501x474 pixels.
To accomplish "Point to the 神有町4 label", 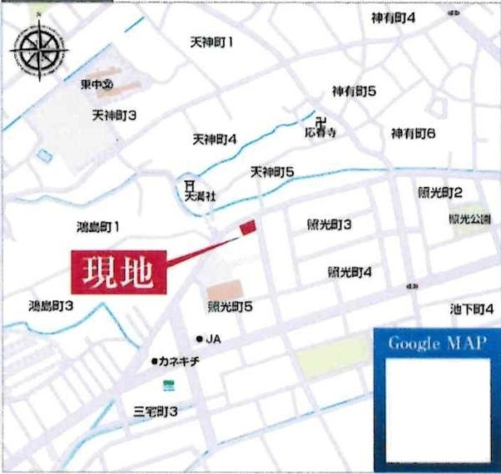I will [x=392, y=18].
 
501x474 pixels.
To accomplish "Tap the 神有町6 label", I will [x=414, y=134].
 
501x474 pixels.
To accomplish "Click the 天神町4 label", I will [x=215, y=139].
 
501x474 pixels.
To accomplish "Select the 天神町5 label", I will [x=272, y=172].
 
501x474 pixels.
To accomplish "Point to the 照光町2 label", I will [x=441, y=193].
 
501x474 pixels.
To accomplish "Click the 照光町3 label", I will [x=329, y=224].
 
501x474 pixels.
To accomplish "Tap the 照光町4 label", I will [x=349, y=272].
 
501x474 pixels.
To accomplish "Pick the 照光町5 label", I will [x=230, y=307].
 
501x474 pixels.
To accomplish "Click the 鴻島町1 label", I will [x=99, y=226].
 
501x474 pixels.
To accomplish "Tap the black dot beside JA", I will [x=199, y=339].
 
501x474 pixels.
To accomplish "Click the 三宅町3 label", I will [x=156, y=411].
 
